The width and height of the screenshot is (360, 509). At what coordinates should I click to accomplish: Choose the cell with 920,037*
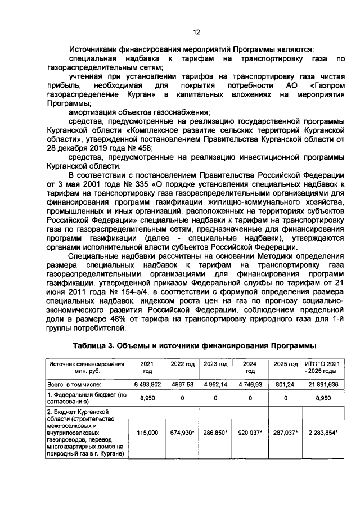pyautogui.click(x=250, y=432)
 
